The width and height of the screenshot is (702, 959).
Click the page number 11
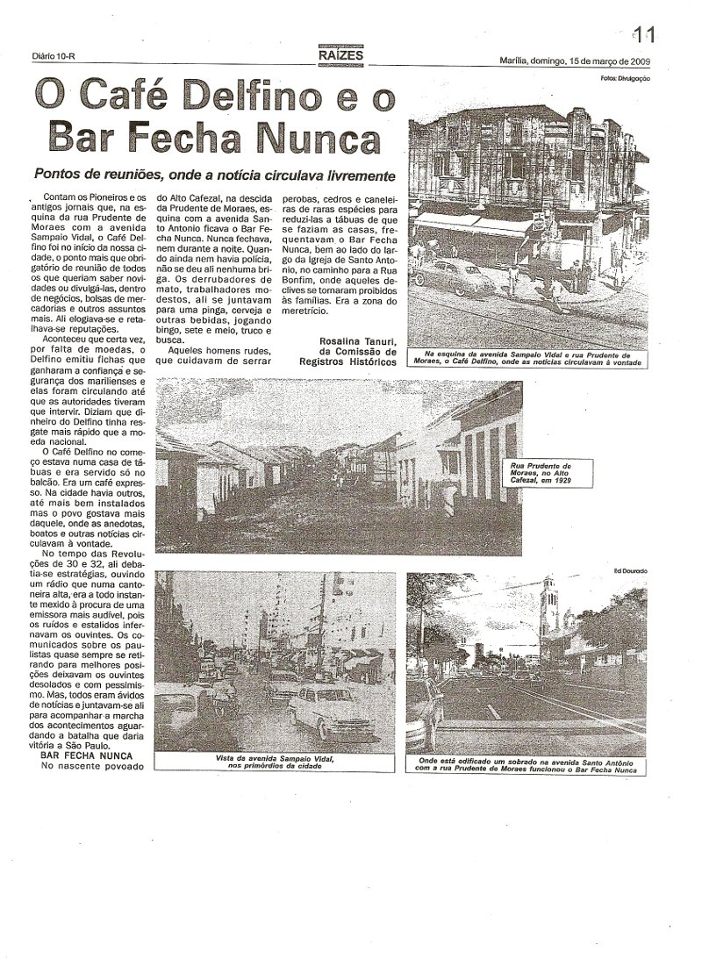point(645,34)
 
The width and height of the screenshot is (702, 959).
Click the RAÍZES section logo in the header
point(340,54)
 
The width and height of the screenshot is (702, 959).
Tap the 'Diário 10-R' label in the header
point(51,59)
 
